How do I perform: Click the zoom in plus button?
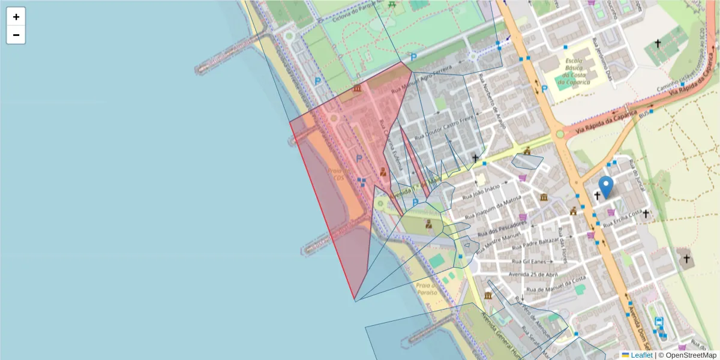coord(16,17)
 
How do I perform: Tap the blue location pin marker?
coord(607,187)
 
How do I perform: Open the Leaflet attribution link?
coord(641,355)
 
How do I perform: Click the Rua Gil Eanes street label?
coord(529,262)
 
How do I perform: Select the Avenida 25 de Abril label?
coord(533,274)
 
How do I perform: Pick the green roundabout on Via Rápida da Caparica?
coord(560,134)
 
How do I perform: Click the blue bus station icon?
coord(659,322)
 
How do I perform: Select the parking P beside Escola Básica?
coord(544,89)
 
